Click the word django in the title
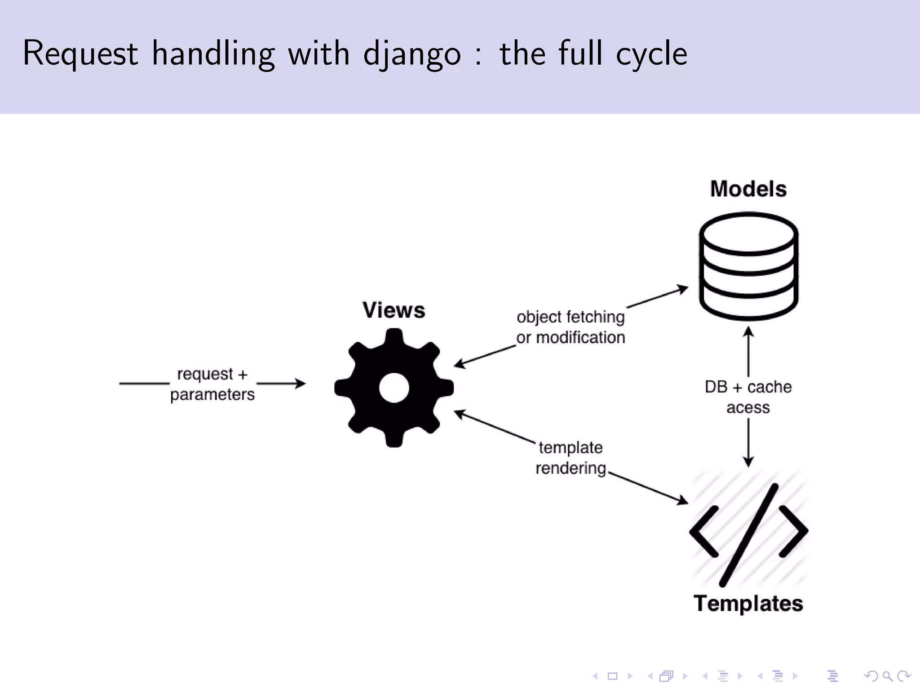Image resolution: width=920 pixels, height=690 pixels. [411, 54]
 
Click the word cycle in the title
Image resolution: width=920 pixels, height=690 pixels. [651, 54]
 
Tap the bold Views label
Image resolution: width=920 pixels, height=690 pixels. [394, 310]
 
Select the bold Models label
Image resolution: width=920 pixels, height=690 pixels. [748, 189]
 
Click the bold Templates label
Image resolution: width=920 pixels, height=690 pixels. [748, 603]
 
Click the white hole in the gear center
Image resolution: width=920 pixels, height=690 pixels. [394, 388]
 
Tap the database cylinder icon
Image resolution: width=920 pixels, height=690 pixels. [748, 266]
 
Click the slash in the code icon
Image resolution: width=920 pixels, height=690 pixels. [749, 535]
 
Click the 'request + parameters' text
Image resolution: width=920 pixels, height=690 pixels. [212, 384]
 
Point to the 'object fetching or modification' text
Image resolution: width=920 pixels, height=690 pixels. [571, 327]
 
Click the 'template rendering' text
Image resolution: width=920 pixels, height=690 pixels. [571, 458]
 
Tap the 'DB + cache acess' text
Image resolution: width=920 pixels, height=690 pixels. [748, 397]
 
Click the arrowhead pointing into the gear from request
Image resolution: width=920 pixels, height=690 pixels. [301, 384]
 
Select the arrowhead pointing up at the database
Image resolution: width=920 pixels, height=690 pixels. [748, 332]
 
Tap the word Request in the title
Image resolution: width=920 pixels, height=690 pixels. [80, 54]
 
